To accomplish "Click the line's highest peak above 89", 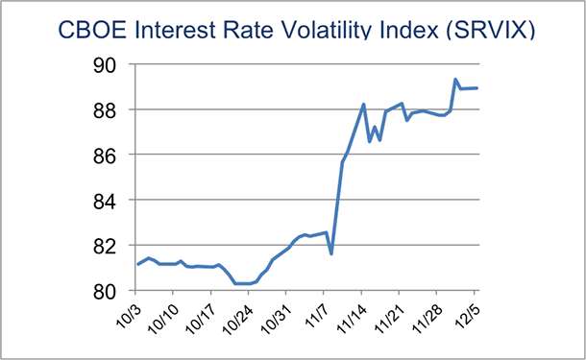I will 454,80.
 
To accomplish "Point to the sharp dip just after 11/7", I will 330,253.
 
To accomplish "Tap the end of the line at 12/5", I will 478,88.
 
